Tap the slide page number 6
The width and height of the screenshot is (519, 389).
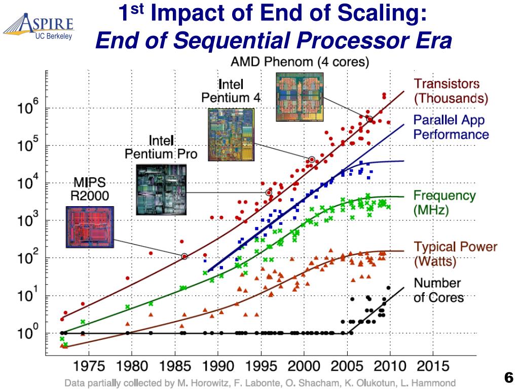pyautogui.click(x=509, y=377)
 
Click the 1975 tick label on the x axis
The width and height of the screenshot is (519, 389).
pyautogui.click(x=90, y=366)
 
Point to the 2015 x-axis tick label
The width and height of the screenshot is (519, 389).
pyautogui.click(x=433, y=366)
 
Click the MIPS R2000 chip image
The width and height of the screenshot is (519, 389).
pyautogui.click(x=90, y=226)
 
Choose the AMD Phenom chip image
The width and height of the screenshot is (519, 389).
pyautogui.click(x=299, y=97)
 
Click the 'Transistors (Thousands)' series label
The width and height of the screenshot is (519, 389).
pyautogui.click(x=451, y=91)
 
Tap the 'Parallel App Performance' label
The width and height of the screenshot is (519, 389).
pyautogui.click(x=451, y=127)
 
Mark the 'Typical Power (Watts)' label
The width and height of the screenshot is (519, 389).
pyautogui.click(x=455, y=254)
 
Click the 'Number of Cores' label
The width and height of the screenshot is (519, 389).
pyautogui.click(x=438, y=290)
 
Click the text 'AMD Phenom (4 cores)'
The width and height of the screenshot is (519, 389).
pyautogui.click(x=300, y=63)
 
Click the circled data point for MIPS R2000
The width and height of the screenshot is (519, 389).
pyautogui.click(x=184, y=256)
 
